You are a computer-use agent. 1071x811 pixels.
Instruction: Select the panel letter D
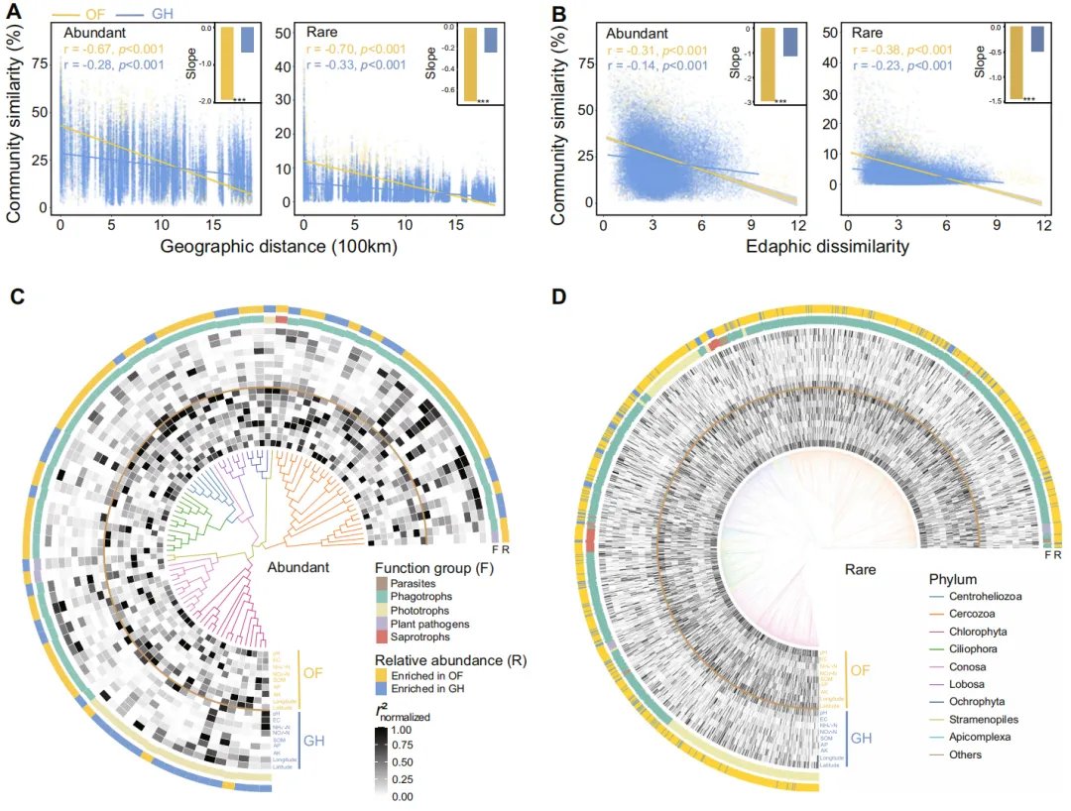click(557, 295)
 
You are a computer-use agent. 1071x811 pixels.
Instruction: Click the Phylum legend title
click(955, 578)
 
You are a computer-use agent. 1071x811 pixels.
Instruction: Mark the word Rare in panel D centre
click(860, 570)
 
